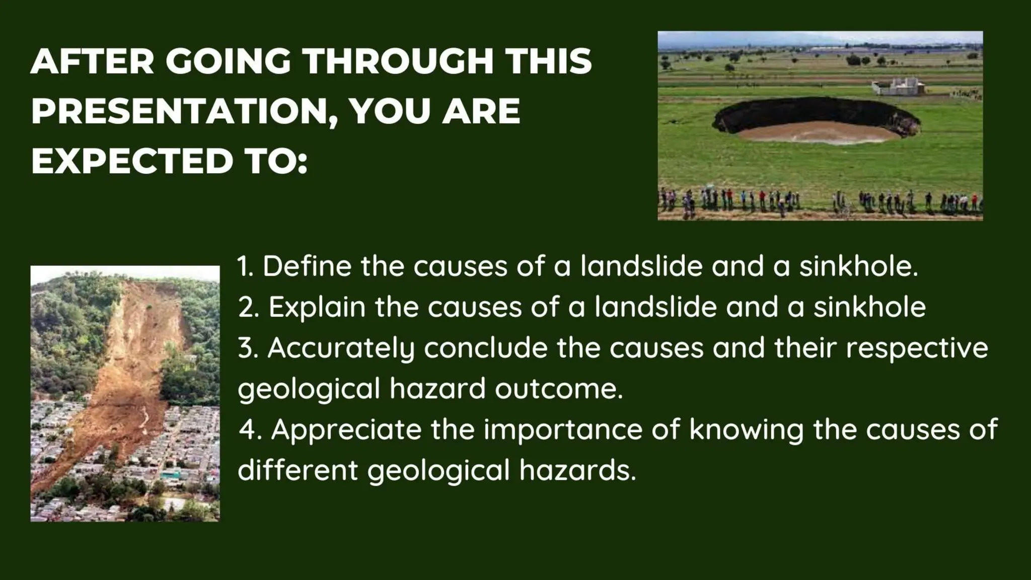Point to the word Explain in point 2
[317, 307]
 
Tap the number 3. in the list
[248, 348]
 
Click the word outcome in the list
[558, 389]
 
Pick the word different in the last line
[298, 470]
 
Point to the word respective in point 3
[917, 348]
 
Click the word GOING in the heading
[228, 61]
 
